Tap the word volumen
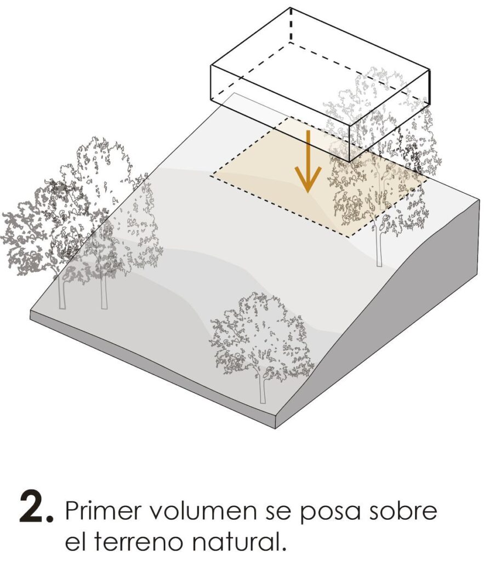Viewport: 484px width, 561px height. (203, 511)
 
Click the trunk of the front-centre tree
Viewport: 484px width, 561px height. (263, 388)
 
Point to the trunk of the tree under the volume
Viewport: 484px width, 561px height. (378, 243)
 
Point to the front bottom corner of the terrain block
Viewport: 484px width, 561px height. (276, 428)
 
